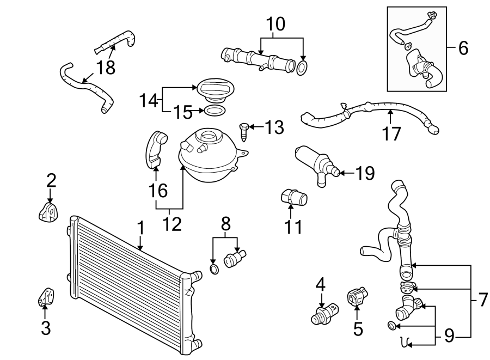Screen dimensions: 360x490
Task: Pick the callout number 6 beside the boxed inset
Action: [x=463, y=48]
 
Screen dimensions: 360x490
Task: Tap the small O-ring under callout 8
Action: [x=215, y=270]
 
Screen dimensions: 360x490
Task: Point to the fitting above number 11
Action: [x=293, y=198]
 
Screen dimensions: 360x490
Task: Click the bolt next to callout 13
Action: [x=243, y=129]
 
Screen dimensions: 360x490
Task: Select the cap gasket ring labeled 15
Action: [x=213, y=111]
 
